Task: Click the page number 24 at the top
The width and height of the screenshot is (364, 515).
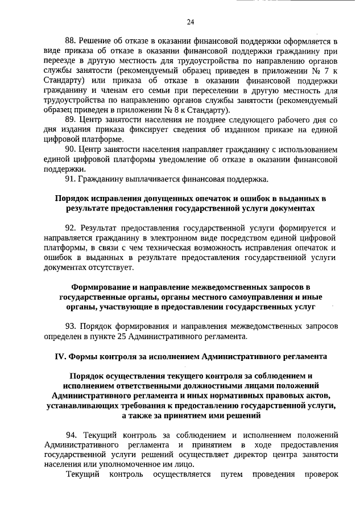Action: pos(191,22)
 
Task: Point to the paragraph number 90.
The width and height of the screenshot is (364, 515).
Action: pos(71,150)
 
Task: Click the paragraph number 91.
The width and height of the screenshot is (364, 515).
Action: pos(71,180)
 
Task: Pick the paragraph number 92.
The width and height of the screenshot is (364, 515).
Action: pos(71,228)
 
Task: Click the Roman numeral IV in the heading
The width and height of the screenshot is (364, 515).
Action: pos(60,357)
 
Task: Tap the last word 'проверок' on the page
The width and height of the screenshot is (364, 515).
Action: pos(321,475)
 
